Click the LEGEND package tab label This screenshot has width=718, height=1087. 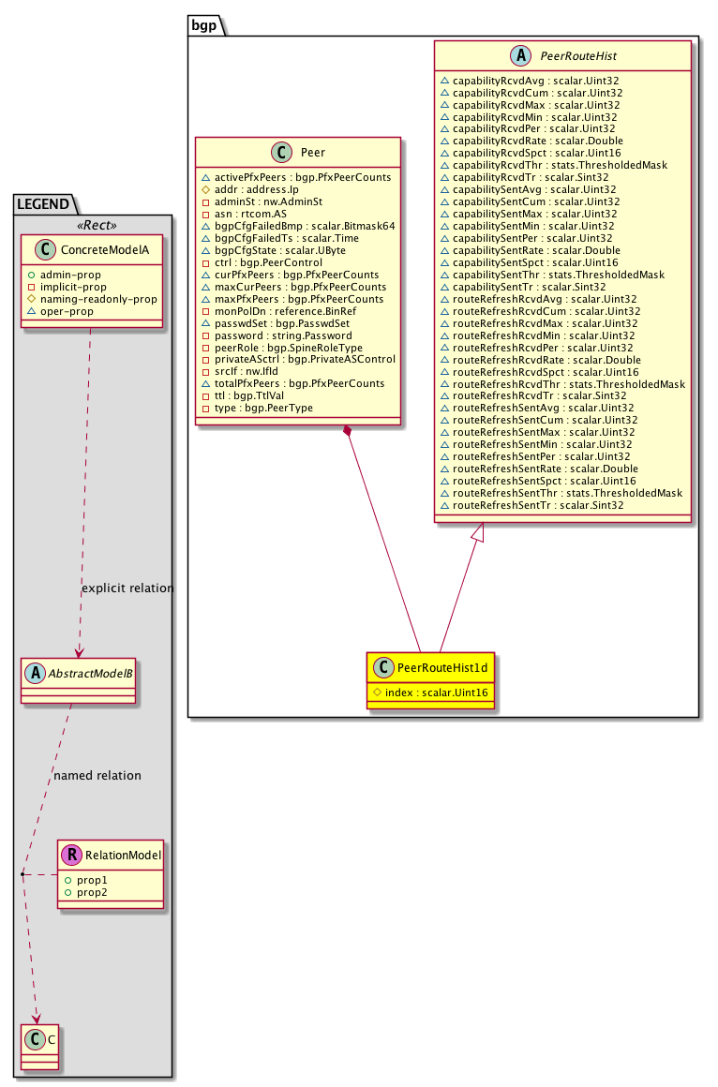coord(45,201)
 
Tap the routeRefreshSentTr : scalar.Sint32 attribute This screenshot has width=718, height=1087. coord(537,505)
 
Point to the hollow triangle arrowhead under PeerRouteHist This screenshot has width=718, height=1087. coord(478,532)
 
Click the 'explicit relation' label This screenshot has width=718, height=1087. coord(127,588)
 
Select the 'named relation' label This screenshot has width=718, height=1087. coord(97,776)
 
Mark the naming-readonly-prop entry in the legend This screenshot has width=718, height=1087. coord(97,298)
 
